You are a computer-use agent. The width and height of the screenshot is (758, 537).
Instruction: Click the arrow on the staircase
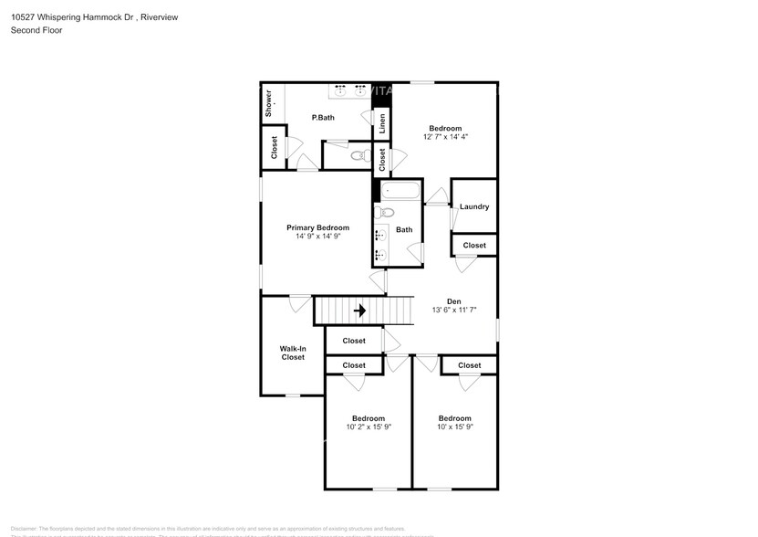click(359, 311)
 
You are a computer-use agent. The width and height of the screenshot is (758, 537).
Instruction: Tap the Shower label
click(270, 101)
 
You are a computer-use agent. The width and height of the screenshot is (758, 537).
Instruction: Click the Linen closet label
click(382, 124)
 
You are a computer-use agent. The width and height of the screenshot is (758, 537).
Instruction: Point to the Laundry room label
click(474, 206)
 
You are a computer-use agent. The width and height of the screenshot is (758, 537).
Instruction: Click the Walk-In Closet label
click(292, 353)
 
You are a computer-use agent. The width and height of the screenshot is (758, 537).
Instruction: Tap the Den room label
click(453, 301)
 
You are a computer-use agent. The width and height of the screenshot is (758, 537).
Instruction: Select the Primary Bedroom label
click(317, 227)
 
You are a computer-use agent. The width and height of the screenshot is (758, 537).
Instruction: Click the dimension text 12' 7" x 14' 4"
click(445, 137)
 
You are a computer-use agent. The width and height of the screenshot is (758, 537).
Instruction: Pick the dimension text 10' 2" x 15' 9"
click(368, 426)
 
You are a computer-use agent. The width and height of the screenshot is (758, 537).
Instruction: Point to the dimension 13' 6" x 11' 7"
click(453, 311)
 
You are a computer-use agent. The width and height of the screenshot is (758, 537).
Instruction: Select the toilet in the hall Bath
click(385, 214)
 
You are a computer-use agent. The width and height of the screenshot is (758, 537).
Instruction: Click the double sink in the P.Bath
click(348, 89)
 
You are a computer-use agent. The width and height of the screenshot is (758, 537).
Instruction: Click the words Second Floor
click(36, 30)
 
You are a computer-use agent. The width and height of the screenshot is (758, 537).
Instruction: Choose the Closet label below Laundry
click(474, 246)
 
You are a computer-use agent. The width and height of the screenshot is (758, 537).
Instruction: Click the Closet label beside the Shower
click(275, 146)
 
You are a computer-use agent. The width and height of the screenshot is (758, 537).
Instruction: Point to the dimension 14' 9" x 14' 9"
click(317, 237)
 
